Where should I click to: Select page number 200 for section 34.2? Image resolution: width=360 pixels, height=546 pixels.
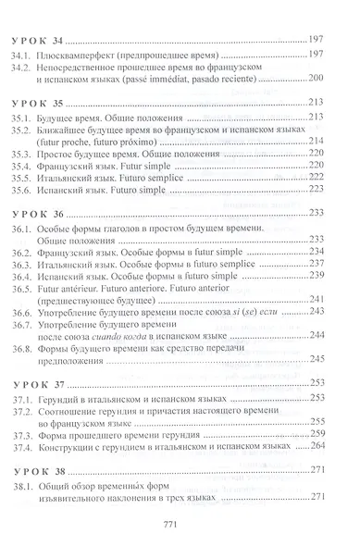[322, 81]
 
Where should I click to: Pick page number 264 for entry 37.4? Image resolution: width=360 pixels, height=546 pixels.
[322, 444]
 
